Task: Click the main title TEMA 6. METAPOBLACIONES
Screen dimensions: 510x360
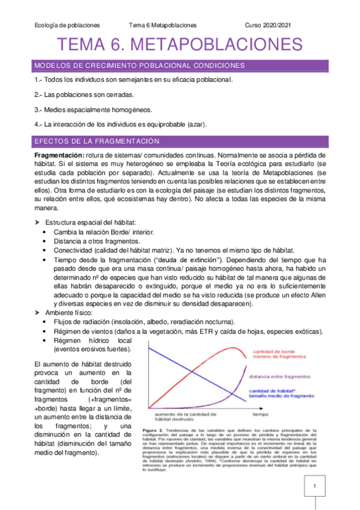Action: [180, 46]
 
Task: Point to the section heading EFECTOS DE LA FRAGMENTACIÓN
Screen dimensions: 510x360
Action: [97, 141]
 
